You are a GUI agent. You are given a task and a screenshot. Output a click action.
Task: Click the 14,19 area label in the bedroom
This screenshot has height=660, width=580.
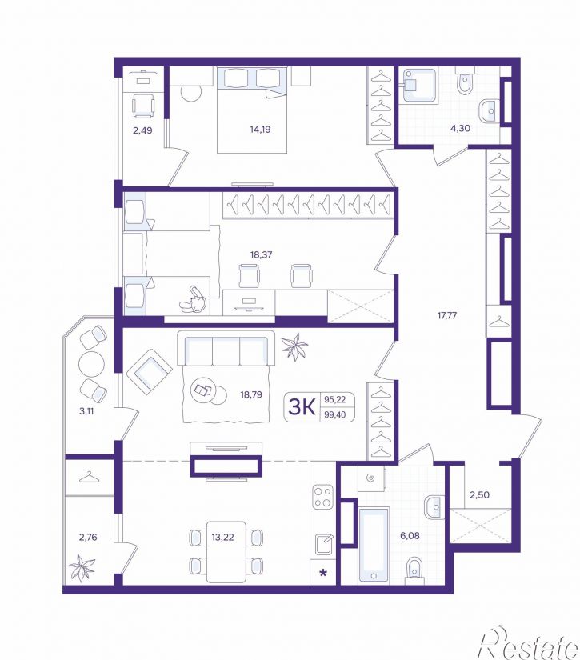(x=260, y=130)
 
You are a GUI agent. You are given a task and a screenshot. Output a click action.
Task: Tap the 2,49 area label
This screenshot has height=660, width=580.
(x=142, y=130)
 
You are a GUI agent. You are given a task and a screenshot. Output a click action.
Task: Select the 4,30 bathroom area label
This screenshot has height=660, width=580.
(x=460, y=128)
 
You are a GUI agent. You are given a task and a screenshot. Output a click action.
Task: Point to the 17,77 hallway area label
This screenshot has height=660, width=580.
(x=447, y=315)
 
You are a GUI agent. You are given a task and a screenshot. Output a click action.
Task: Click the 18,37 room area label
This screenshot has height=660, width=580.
(x=261, y=254)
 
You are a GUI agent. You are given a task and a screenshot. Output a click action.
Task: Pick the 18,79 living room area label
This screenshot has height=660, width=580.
(x=251, y=394)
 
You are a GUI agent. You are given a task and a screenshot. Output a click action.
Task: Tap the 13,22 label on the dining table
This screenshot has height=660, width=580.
(x=222, y=537)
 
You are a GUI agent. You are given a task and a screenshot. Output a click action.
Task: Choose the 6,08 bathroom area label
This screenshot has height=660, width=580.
(x=410, y=536)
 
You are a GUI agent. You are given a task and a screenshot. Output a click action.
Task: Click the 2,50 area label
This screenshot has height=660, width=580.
(x=479, y=494)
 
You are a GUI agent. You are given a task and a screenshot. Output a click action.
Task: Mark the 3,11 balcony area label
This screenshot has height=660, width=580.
(x=86, y=411)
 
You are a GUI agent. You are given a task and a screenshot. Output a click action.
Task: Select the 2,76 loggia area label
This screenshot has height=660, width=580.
(x=88, y=537)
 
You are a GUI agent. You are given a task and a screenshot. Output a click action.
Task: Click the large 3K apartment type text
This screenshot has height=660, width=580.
(x=302, y=407)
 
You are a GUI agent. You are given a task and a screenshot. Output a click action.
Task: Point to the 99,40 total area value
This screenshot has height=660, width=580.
(x=335, y=414)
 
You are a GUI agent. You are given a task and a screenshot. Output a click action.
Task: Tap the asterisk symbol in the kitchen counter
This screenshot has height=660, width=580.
(x=323, y=573)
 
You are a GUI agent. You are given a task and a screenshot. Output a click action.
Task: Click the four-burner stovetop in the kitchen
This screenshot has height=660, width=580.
(x=323, y=497)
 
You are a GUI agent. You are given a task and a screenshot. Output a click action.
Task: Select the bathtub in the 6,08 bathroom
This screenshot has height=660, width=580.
(x=374, y=545)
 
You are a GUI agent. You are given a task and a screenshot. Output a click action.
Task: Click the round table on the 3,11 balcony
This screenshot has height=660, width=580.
(x=91, y=365)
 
